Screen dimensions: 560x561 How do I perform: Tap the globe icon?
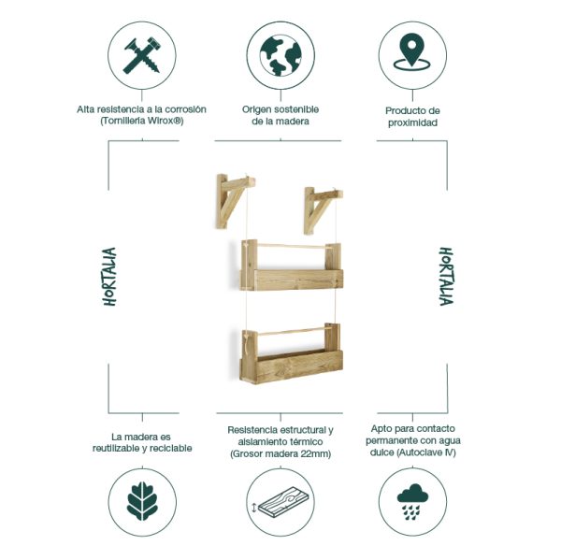tap(280, 54)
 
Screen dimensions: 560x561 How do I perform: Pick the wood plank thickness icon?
tap(280, 502)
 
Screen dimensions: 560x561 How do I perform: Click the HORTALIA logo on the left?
tap(109, 277)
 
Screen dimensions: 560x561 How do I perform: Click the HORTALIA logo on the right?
tap(446, 277)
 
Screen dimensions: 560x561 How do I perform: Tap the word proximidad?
tap(412, 122)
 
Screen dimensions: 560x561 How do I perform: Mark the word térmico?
tap(305, 442)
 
